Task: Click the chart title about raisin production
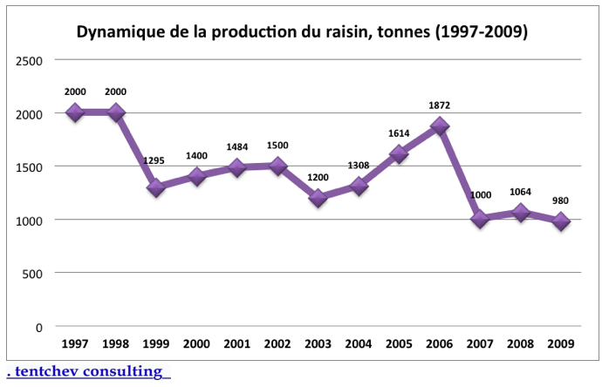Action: pyautogui.click(x=302, y=32)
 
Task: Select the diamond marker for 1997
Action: pyautogui.click(x=74, y=112)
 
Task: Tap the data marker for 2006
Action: pyautogui.click(x=440, y=126)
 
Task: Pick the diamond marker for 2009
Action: pyautogui.click(x=560, y=221)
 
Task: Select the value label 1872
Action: pyautogui.click(x=440, y=105)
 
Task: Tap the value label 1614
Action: pyautogui.click(x=399, y=133)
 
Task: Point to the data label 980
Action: pyautogui.click(x=560, y=200)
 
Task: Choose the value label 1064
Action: pyautogui.click(x=520, y=192)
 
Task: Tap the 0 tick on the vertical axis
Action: pyautogui.click(x=39, y=326)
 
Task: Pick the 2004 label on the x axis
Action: pyautogui.click(x=359, y=343)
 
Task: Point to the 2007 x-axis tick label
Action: pyautogui.click(x=480, y=343)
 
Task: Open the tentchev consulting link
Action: pyautogui.click(x=87, y=372)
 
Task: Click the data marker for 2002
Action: pyautogui.click(x=278, y=166)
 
